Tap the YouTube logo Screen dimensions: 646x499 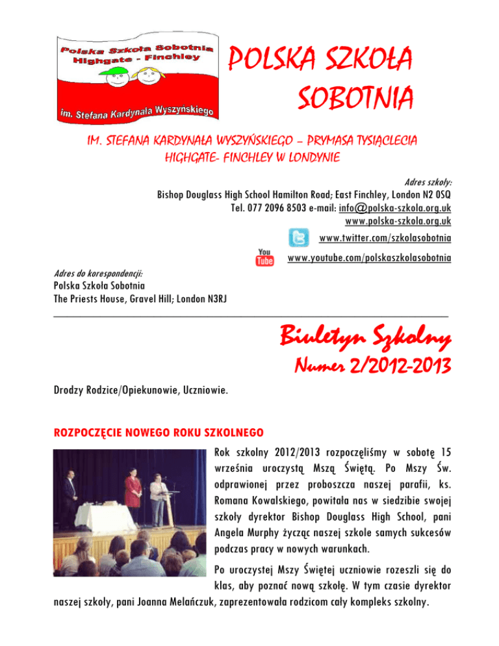click(264, 257)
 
